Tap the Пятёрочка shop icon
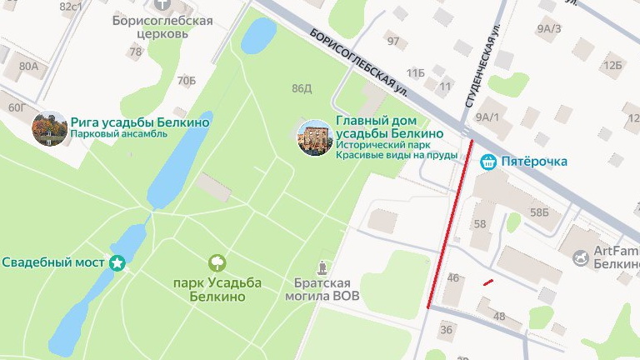tap(490, 162)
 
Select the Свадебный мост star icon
tap(117, 263)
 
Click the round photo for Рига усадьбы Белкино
tap(49, 128)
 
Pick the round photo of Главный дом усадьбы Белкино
tap(315, 137)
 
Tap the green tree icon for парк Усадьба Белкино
tap(217, 263)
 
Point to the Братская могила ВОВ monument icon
tap(322, 267)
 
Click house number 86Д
tap(301, 88)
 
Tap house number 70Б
tap(187, 81)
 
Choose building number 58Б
tap(540, 213)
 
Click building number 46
tap(453, 278)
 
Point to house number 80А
tap(28, 66)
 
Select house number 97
tap(393, 41)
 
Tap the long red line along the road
tap(450, 225)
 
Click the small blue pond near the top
tap(258, 36)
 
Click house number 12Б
tap(612, 65)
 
